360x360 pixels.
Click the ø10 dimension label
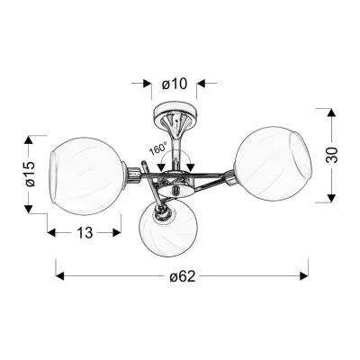(175, 84)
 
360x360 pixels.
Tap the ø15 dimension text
(31, 174)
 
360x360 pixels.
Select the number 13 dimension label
(85, 232)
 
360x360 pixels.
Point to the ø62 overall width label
(182, 276)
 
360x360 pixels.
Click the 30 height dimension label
(331, 155)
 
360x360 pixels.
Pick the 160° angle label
(158, 149)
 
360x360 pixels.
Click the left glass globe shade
(86, 172)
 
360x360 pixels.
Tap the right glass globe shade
(273, 164)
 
